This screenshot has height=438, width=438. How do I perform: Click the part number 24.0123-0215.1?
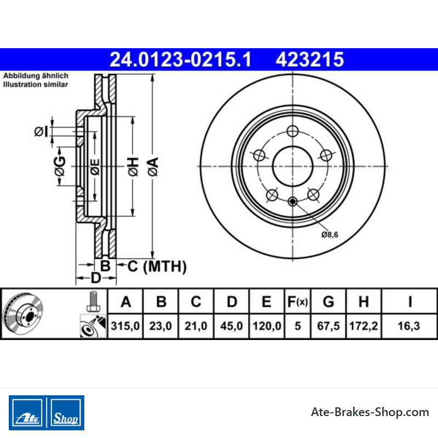point(181,60)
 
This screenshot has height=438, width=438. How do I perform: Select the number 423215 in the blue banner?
point(310,60)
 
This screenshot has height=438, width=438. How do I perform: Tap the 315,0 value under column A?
point(125,326)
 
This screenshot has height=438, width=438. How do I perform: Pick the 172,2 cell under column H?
point(364,326)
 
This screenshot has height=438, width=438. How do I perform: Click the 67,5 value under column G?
point(328,326)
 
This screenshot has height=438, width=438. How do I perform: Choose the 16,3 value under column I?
point(409,326)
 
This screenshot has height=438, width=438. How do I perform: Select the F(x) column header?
point(297,302)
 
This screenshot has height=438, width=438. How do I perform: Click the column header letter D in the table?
point(232,302)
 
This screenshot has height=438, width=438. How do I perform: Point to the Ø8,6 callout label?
point(330,235)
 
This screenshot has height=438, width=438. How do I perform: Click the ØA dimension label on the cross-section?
point(153,167)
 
